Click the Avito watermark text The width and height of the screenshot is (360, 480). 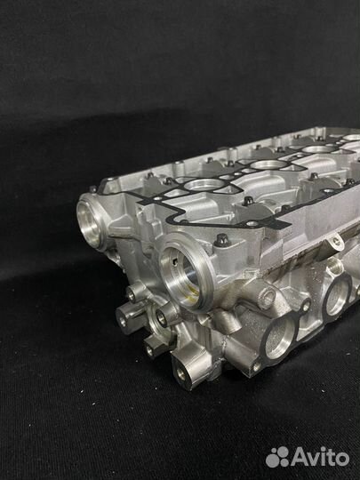[x=320, y=458]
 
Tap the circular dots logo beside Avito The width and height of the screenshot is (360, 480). [x=277, y=457]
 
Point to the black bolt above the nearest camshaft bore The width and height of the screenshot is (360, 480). [x=221, y=239]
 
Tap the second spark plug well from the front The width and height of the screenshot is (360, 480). [x=269, y=164]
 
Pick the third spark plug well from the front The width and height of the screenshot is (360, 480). [x=319, y=149]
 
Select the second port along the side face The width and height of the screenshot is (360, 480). [x=338, y=294]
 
